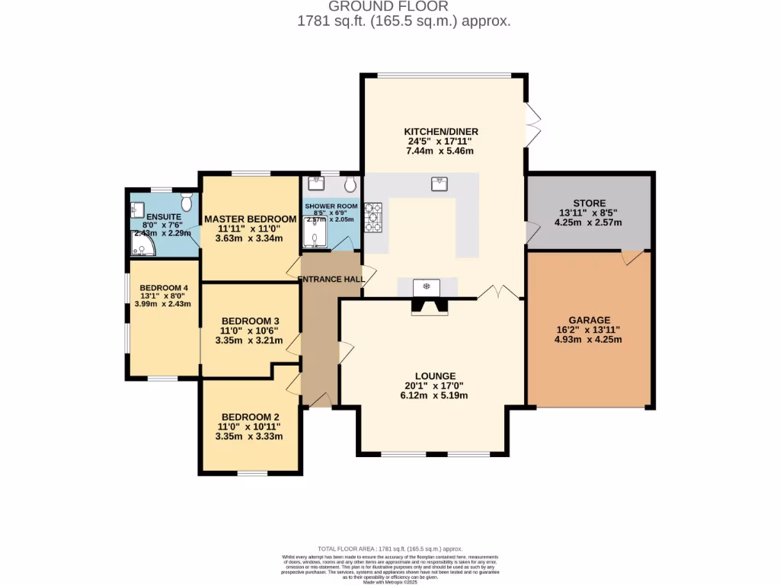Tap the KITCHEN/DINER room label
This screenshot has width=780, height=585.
(441, 131)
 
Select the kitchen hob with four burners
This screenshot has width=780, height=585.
(374, 217)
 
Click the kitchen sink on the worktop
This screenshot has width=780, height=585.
(440, 184)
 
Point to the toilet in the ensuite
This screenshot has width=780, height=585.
(187, 202)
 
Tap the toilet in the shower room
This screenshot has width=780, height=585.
(350, 184)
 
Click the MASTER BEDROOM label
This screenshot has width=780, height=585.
(250, 219)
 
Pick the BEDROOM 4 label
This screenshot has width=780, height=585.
(163, 287)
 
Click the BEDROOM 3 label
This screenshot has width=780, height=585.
(250, 321)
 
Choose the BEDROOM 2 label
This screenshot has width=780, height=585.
(250, 417)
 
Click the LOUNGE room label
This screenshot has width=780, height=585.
(436, 376)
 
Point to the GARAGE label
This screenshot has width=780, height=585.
(589, 320)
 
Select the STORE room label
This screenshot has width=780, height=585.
(590, 203)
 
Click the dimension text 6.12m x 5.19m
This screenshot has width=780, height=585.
(436, 395)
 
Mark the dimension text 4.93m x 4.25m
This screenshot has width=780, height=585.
(589, 340)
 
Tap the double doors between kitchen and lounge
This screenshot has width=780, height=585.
(499, 292)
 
